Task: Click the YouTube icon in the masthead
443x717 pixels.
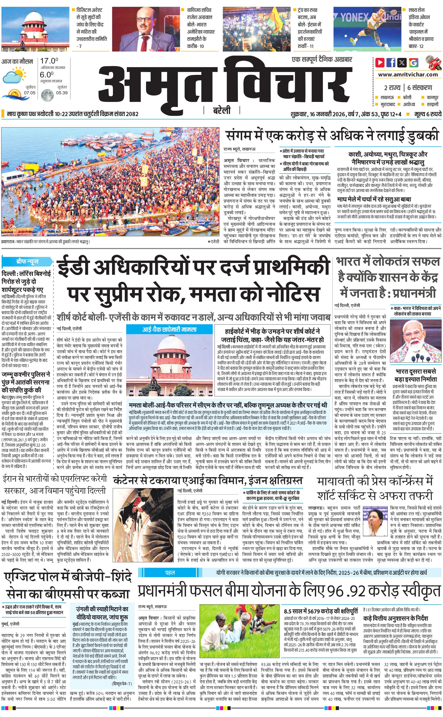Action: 380,63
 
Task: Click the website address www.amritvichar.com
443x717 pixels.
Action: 408,75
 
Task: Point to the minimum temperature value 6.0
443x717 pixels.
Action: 47,75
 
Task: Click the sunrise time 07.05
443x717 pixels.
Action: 30,93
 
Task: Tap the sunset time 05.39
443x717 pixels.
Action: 62,93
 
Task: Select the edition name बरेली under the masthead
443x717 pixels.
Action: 222,111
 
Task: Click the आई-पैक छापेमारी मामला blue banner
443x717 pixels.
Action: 169,330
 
